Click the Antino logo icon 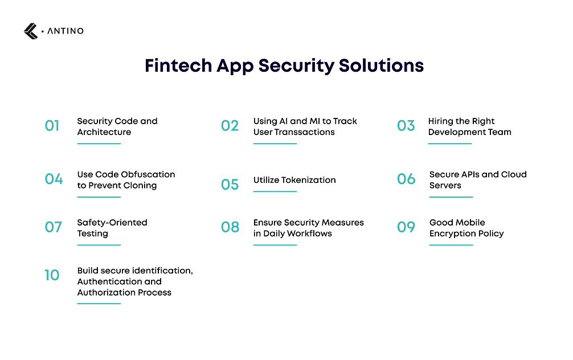tap(31, 31)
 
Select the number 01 tap(52, 126)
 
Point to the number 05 tap(230, 185)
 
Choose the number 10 tap(52, 276)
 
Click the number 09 tap(406, 227)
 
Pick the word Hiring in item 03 tap(441, 121)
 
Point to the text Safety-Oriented tap(112, 222)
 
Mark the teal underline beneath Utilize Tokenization tap(275, 191)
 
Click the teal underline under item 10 tap(99, 304)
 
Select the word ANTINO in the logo tap(63, 31)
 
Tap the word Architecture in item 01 tap(104, 132)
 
